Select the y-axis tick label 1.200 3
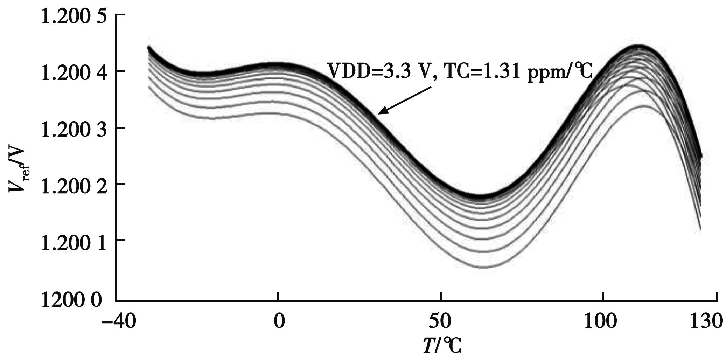click(x=73, y=129)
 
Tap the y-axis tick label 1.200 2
click(x=73, y=186)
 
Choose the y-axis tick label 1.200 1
click(x=73, y=242)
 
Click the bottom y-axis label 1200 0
click(x=72, y=300)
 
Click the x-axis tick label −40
click(x=118, y=321)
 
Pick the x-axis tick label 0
click(x=278, y=321)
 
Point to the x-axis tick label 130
click(x=706, y=321)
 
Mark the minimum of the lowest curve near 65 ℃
click(x=485, y=268)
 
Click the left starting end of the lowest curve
click(x=149, y=86)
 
